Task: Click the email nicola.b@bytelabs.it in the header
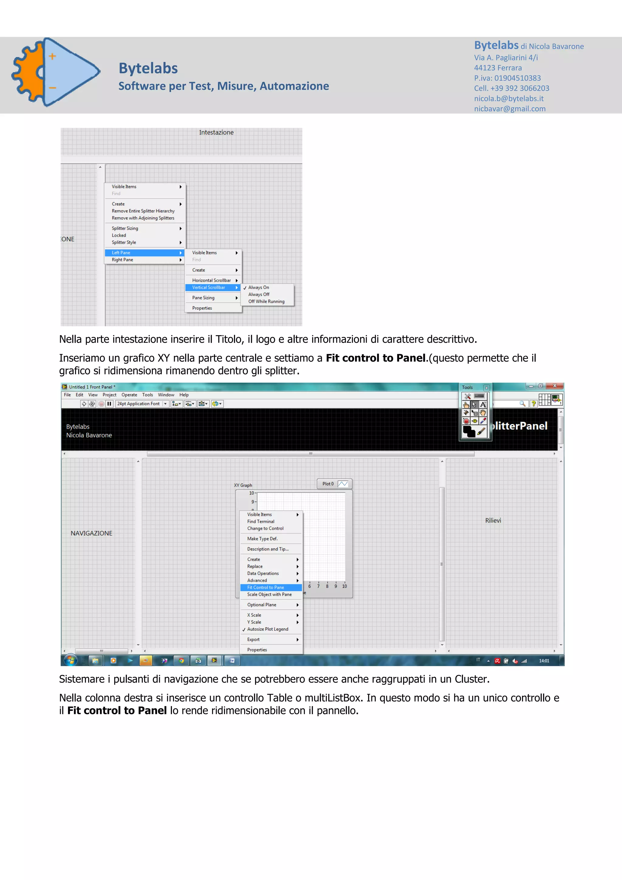click(x=508, y=98)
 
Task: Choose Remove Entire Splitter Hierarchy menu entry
click(x=143, y=211)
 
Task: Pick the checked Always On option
click(x=259, y=288)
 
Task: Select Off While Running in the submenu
click(x=266, y=302)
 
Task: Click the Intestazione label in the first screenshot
click(x=216, y=132)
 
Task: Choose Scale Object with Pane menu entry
click(x=269, y=595)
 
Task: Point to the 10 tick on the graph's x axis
click(x=344, y=586)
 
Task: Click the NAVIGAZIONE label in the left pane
click(x=91, y=533)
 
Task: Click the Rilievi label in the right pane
click(x=493, y=520)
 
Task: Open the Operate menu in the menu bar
click(x=129, y=395)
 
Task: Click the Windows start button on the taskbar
click(x=70, y=660)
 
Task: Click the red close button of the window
click(x=555, y=386)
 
